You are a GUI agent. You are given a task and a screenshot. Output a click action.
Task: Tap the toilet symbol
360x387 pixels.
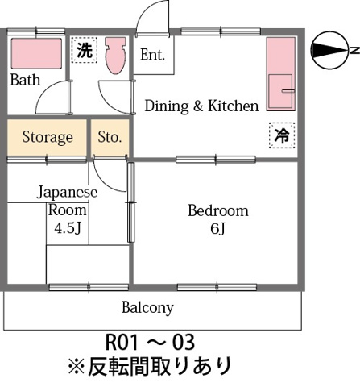(115, 55)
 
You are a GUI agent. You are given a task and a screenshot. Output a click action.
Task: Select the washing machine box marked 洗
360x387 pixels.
(84, 49)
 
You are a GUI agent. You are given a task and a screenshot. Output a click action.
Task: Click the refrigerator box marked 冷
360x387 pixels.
(281, 136)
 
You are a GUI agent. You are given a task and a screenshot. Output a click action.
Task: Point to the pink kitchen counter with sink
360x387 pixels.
(280, 77)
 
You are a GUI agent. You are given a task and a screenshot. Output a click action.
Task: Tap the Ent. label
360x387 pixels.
(152, 56)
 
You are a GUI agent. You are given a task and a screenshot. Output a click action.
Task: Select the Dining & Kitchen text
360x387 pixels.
(201, 106)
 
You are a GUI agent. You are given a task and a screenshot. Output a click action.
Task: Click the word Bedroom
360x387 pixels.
(217, 211)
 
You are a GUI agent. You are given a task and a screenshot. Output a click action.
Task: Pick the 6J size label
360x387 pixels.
(217, 229)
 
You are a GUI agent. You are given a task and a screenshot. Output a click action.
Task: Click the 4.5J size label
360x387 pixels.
(68, 227)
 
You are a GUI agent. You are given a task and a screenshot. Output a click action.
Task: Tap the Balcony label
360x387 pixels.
(147, 307)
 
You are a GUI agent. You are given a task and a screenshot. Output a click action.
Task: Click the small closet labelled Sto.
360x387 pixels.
(110, 137)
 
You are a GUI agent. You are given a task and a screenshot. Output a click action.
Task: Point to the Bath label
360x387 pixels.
(25, 80)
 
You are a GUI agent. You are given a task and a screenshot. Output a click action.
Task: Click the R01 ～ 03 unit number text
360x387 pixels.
(151, 341)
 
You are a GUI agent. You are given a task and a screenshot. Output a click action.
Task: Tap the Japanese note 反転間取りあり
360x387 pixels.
(150, 367)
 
